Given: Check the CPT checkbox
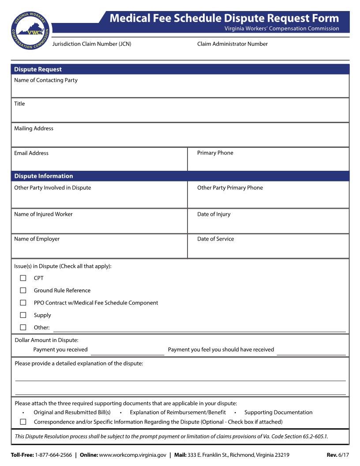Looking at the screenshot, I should click(x=23, y=278).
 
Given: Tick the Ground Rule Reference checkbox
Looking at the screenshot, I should click(x=23, y=290).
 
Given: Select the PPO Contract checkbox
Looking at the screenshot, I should click(x=23, y=303).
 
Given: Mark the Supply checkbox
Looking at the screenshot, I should click(x=23, y=315).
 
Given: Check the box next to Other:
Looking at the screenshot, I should click(x=23, y=327).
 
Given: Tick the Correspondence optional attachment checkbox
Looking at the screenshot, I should click(x=23, y=422).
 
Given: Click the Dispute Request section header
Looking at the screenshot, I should click(x=38, y=69).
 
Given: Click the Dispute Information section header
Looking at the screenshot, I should click(x=44, y=176).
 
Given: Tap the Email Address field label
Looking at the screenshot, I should click(x=31, y=153).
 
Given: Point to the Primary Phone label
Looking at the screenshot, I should click(x=215, y=153).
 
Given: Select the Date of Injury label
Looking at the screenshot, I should click(x=214, y=214).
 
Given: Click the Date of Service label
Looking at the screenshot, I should click(x=216, y=239).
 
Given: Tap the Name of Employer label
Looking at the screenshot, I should click(x=37, y=239).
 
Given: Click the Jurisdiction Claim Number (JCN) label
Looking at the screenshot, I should click(x=92, y=44).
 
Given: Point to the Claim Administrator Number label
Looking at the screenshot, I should click(x=232, y=44).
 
